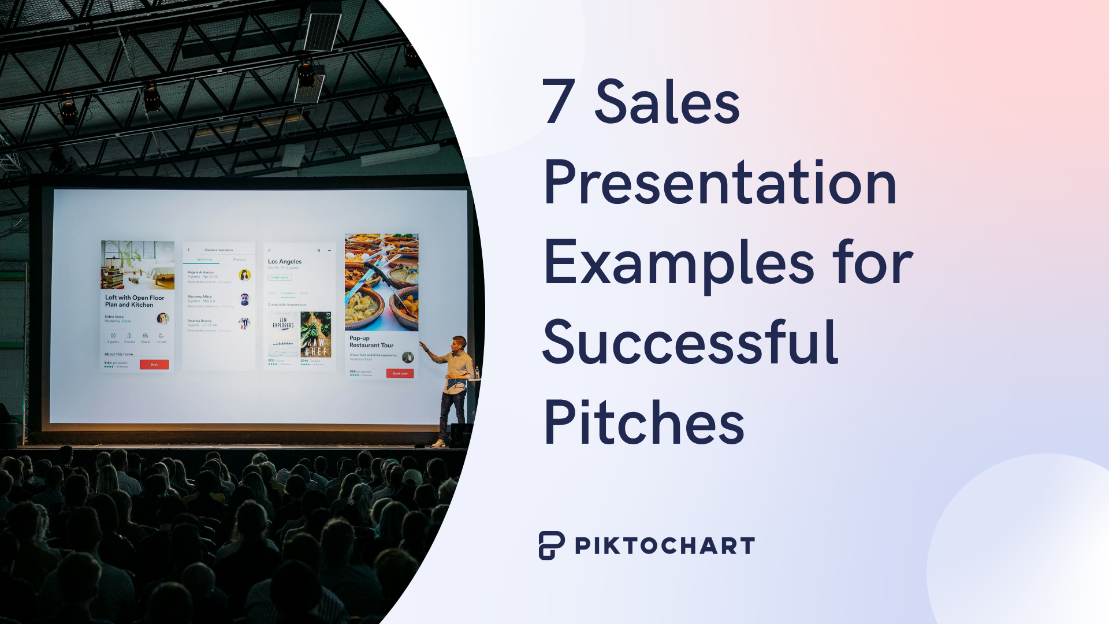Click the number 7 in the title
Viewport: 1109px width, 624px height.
[559, 102]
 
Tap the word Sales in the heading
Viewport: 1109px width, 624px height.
[667, 102]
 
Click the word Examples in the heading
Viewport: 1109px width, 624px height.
[679, 263]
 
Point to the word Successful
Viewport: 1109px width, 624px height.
[690, 343]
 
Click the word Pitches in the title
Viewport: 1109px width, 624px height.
[644, 424]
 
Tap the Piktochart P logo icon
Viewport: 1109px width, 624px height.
[551, 545]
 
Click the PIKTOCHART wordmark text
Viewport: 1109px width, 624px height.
[665, 546]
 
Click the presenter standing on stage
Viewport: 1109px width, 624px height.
[456, 387]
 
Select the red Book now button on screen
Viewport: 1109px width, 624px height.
[400, 373]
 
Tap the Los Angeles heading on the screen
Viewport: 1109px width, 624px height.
[285, 262]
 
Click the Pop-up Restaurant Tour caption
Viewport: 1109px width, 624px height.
[371, 341]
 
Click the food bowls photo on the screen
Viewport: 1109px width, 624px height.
[381, 281]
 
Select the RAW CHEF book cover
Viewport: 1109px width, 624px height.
[316, 335]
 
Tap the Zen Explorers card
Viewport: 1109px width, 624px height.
[283, 335]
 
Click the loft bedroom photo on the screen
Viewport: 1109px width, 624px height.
[137, 265]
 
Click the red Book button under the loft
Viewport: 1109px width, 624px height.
[154, 365]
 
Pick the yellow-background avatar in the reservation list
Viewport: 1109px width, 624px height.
[244, 275]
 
